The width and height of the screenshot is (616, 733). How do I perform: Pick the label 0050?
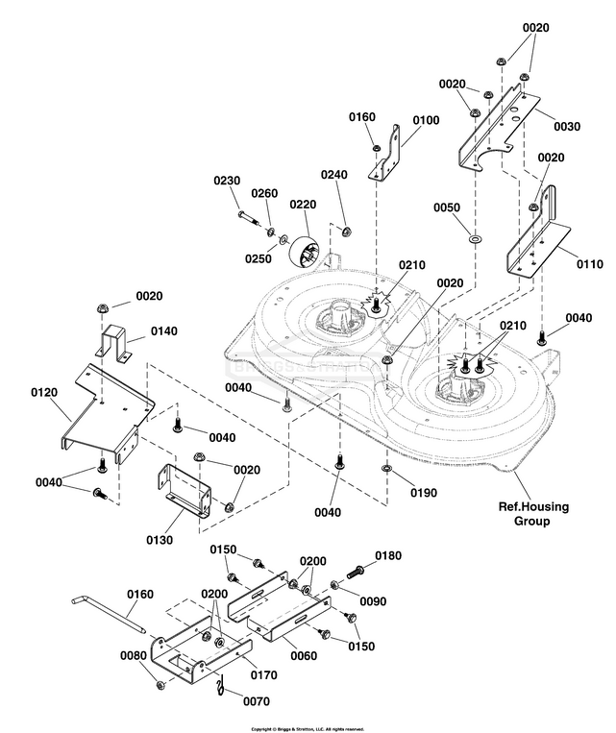[x=447, y=208]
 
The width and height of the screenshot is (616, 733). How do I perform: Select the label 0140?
[x=164, y=331]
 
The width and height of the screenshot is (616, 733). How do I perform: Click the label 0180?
[x=388, y=555]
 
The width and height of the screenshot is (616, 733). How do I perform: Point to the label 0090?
[x=375, y=602]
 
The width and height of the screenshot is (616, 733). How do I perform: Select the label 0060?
[x=303, y=655]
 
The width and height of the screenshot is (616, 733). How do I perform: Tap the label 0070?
[x=257, y=702]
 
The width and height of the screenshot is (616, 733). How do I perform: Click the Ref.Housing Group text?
[x=524, y=514]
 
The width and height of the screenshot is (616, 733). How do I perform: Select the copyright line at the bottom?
[x=308, y=728]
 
